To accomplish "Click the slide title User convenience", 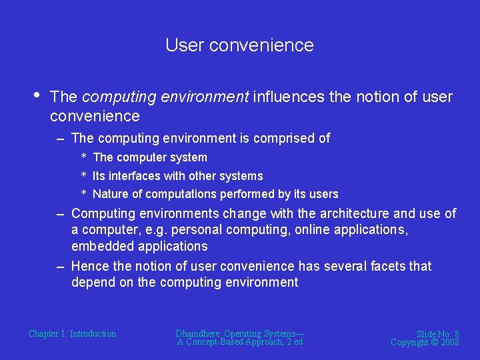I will (239, 45).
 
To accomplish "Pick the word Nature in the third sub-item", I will (109, 194).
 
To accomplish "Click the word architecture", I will (350, 214).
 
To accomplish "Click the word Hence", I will (90, 266).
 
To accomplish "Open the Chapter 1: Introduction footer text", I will (72, 333).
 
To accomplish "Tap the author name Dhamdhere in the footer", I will (198, 333).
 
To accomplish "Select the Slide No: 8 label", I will (437, 334).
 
